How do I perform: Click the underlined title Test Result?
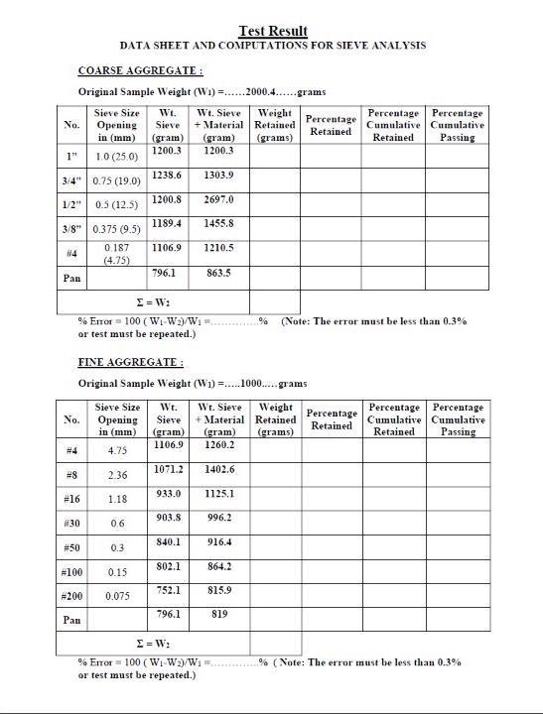point(273,32)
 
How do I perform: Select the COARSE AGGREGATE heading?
point(141,71)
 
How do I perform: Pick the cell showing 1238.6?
point(167,175)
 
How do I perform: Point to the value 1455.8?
point(217,224)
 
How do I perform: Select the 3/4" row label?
point(72,180)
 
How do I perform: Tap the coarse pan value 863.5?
point(217,272)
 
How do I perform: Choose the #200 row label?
point(71,596)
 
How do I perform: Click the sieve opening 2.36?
point(117,475)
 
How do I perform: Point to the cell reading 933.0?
point(167,493)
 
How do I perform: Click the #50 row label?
point(71,547)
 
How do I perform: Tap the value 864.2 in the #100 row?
point(218,566)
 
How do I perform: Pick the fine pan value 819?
point(218,614)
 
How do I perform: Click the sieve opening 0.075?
point(117,596)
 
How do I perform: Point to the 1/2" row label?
point(72,204)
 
